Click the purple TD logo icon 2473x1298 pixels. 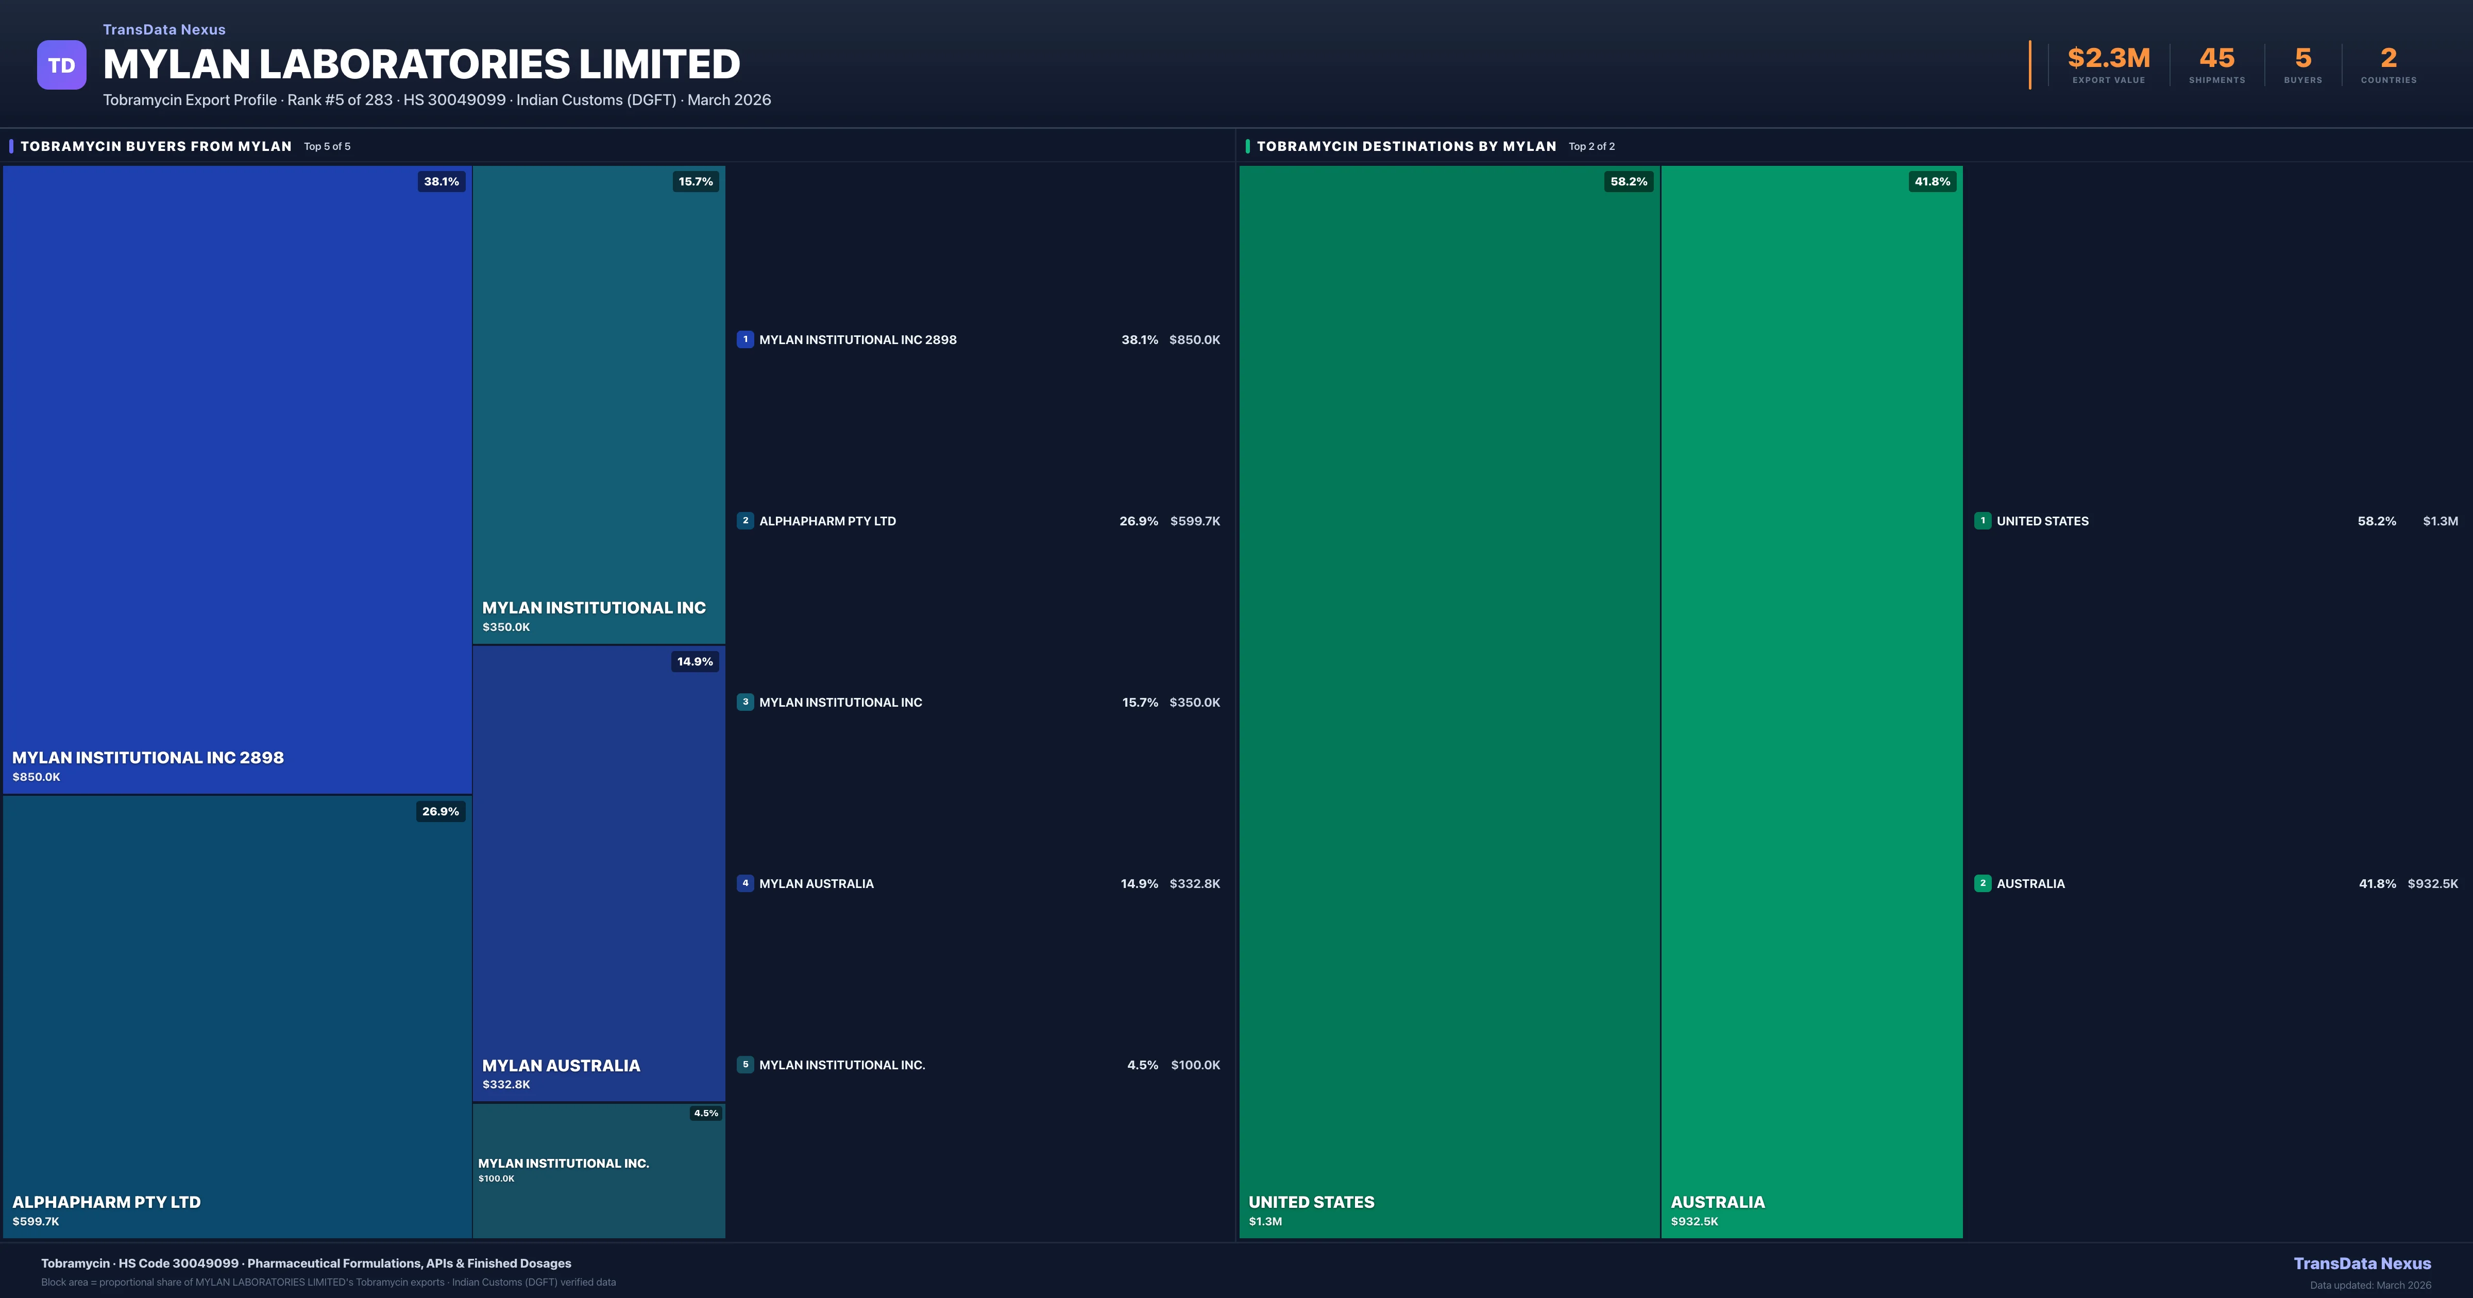[x=61, y=65]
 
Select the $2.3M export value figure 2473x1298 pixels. [x=2108, y=59]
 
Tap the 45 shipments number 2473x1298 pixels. [x=2216, y=59]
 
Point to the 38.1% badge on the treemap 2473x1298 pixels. [x=442, y=181]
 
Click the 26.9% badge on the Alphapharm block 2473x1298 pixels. [x=441, y=811]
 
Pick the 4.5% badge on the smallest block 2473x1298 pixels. [x=706, y=1114]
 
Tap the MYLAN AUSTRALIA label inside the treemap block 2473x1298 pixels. [x=561, y=1066]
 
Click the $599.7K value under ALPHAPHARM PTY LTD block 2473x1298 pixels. [x=36, y=1221]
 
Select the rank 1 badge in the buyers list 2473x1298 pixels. [x=745, y=339]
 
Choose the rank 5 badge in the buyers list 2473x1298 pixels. [x=745, y=1065]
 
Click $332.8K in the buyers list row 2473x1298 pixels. [x=1194, y=883]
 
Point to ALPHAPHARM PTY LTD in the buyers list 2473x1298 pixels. [x=827, y=521]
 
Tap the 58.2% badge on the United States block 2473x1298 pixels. [x=1628, y=181]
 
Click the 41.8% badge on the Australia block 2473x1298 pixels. [x=1932, y=181]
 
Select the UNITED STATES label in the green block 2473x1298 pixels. [x=1311, y=1202]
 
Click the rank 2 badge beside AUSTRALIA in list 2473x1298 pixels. [x=1983, y=883]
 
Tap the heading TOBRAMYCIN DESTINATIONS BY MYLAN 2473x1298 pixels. [x=1407, y=146]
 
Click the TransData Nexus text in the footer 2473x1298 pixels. [x=2362, y=1263]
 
